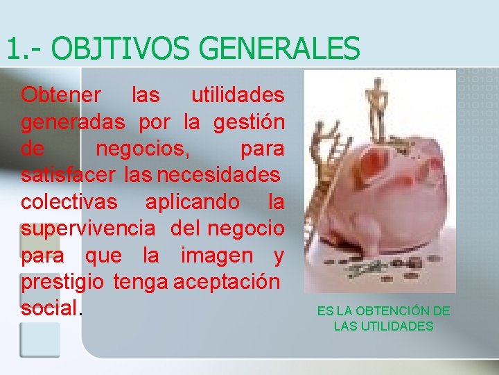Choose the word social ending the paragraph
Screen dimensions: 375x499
(50, 308)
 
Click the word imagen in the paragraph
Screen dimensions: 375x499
(217, 255)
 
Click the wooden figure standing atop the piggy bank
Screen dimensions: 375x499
(376, 108)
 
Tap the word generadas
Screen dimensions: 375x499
(73, 122)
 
